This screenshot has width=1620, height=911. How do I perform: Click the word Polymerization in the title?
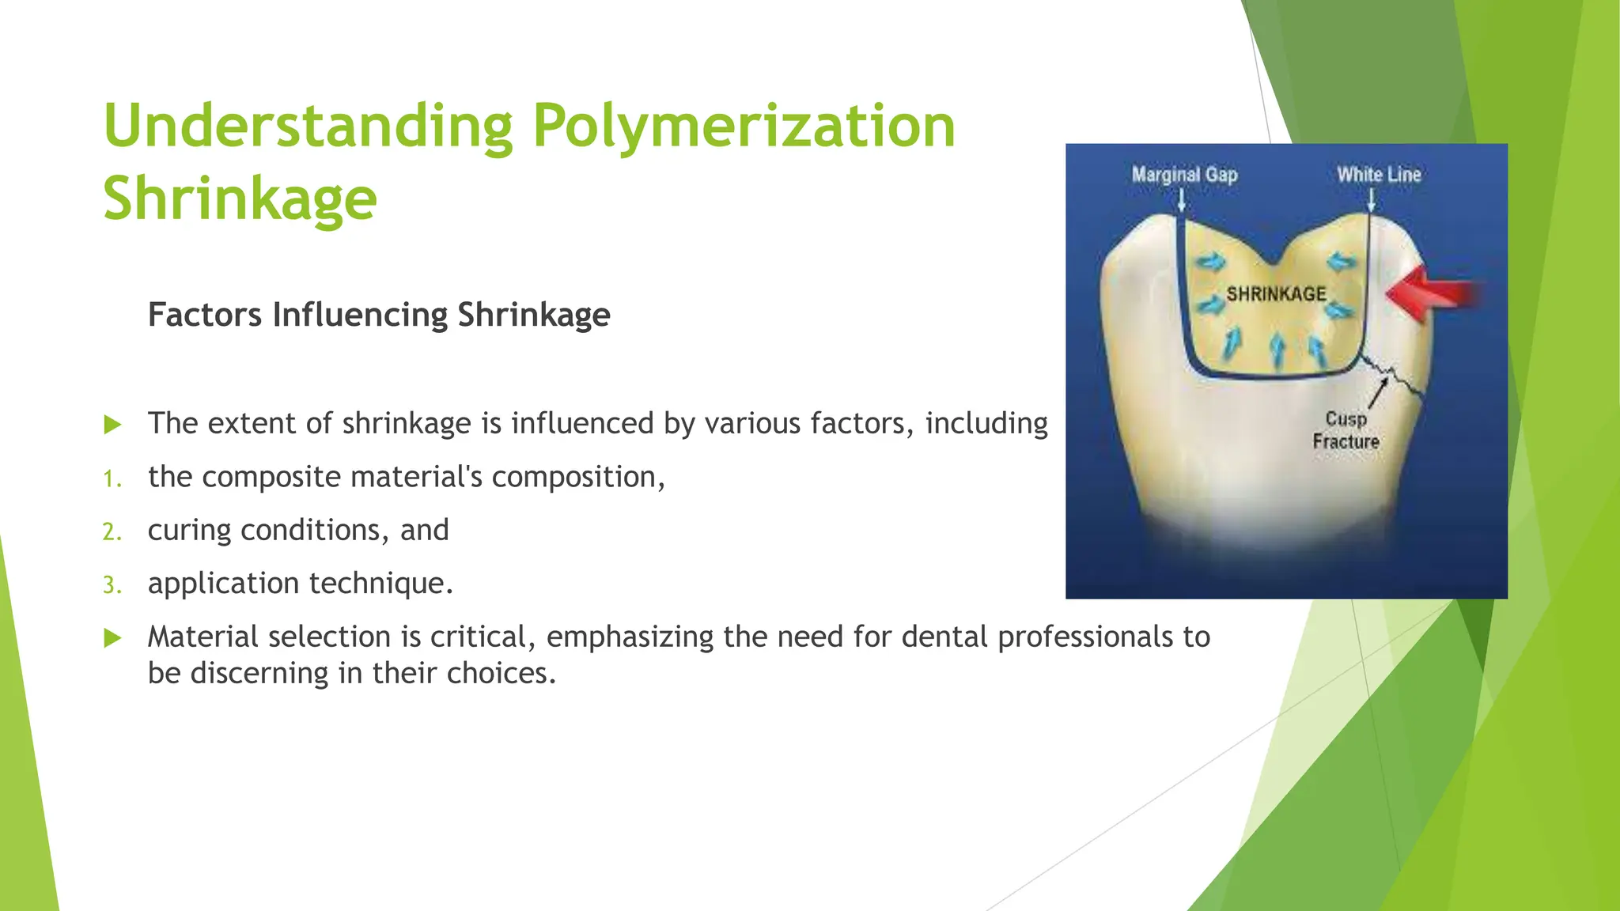pyautogui.click(x=744, y=127)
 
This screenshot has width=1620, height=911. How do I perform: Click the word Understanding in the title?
pyautogui.click(x=308, y=127)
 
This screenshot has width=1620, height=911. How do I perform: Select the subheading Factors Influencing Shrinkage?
pyautogui.click(x=379, y=315)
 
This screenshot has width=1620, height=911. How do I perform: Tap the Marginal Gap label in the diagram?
pyautogui.click(x=1184, y=175)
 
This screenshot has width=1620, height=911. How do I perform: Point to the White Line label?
pyautogui.click(x=1379, y=175)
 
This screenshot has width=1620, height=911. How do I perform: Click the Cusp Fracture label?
pyautogui.click(x=1346, y=430)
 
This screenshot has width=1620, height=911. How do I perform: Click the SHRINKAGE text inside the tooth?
pyautogui.click(x=1276, y=294)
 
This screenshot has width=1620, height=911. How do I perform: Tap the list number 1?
pyautogui.click(x=112, y=479)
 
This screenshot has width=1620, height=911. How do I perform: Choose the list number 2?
pyautogui.click(x=112, y=532)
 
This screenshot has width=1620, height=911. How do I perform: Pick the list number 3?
pyautogui.click(x=112, y=585)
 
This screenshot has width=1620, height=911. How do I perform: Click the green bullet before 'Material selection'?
pyautogui.click(x=113, y=637)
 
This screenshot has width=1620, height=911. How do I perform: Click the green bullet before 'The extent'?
pyautogui.click(x=113, y=425)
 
